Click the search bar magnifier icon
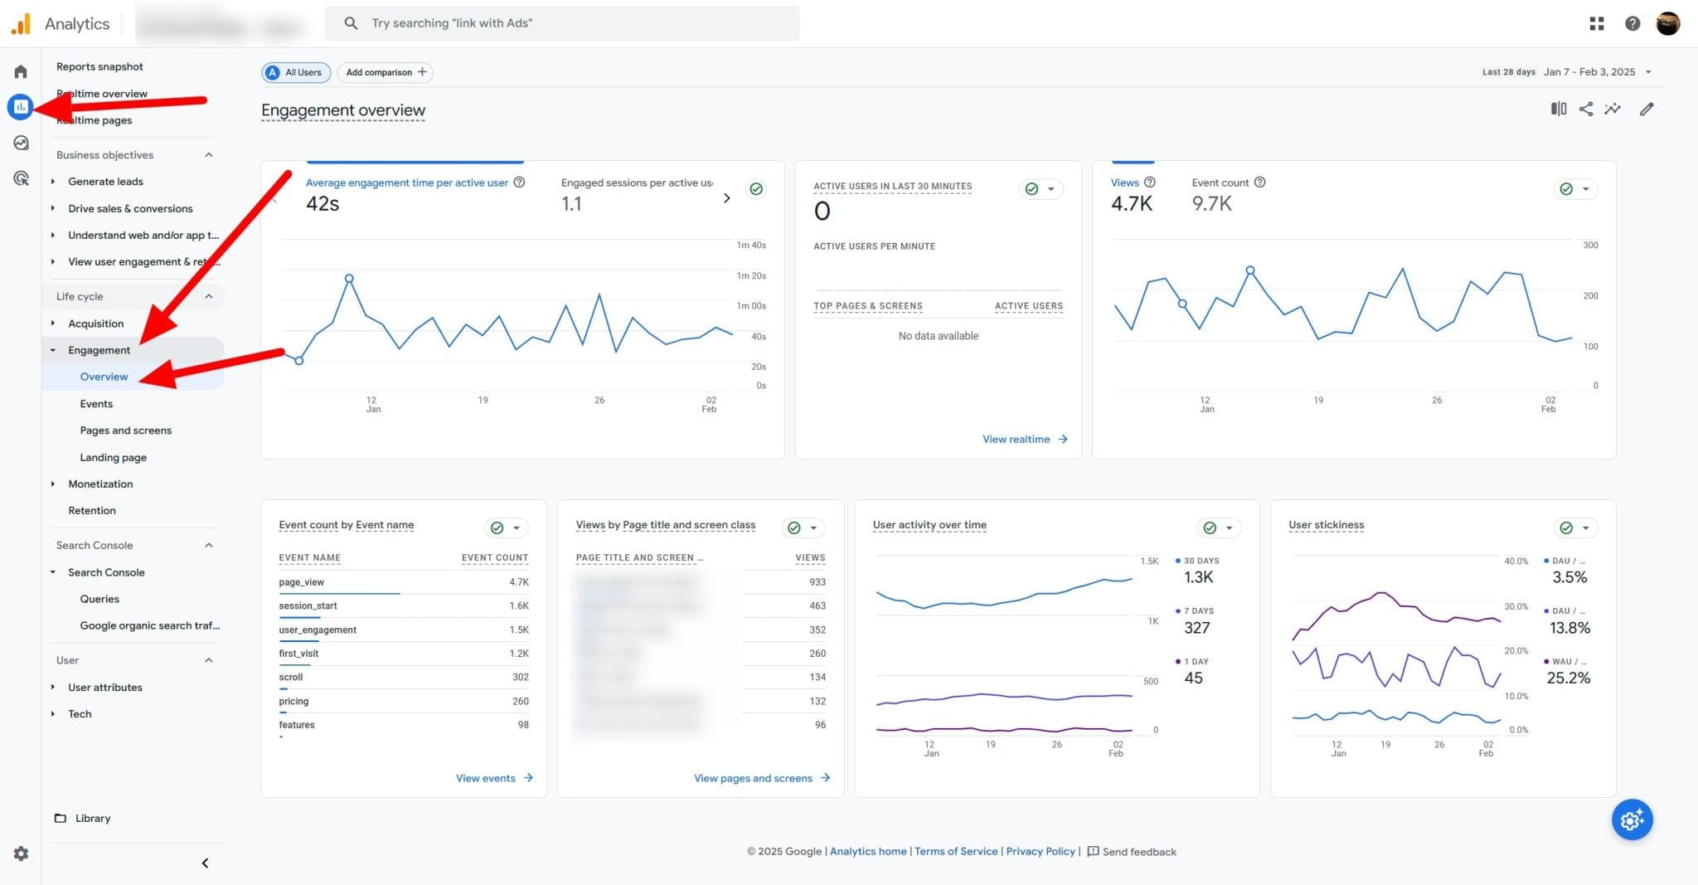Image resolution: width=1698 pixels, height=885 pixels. tap(351, 23)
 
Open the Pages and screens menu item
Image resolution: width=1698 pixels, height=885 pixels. tap(125, 430)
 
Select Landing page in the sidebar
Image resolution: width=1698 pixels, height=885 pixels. tap(113, 457)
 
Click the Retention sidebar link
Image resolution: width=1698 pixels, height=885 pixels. tap(91, 510)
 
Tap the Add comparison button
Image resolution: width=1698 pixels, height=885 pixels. tap(386, 72)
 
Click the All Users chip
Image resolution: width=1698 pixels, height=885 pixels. tap(296, 72)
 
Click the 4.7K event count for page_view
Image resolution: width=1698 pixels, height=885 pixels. tap(518, 582)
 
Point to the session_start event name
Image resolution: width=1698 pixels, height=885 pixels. tap(308, 605)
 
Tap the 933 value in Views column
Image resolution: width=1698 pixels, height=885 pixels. tap(817, 582)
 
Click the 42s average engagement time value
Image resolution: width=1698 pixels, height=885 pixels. tap(323, 204)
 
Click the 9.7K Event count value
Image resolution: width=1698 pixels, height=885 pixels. tap(1211, 204)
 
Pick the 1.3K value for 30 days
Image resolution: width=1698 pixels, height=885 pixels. tap(1198, 577)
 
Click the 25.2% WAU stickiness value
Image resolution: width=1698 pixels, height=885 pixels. tap(1568, 678)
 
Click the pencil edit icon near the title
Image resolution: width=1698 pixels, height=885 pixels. tap(1647, 109)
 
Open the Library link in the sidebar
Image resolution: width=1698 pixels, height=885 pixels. tap(92, 818)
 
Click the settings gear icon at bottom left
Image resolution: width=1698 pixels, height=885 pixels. tap(21, 853)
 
